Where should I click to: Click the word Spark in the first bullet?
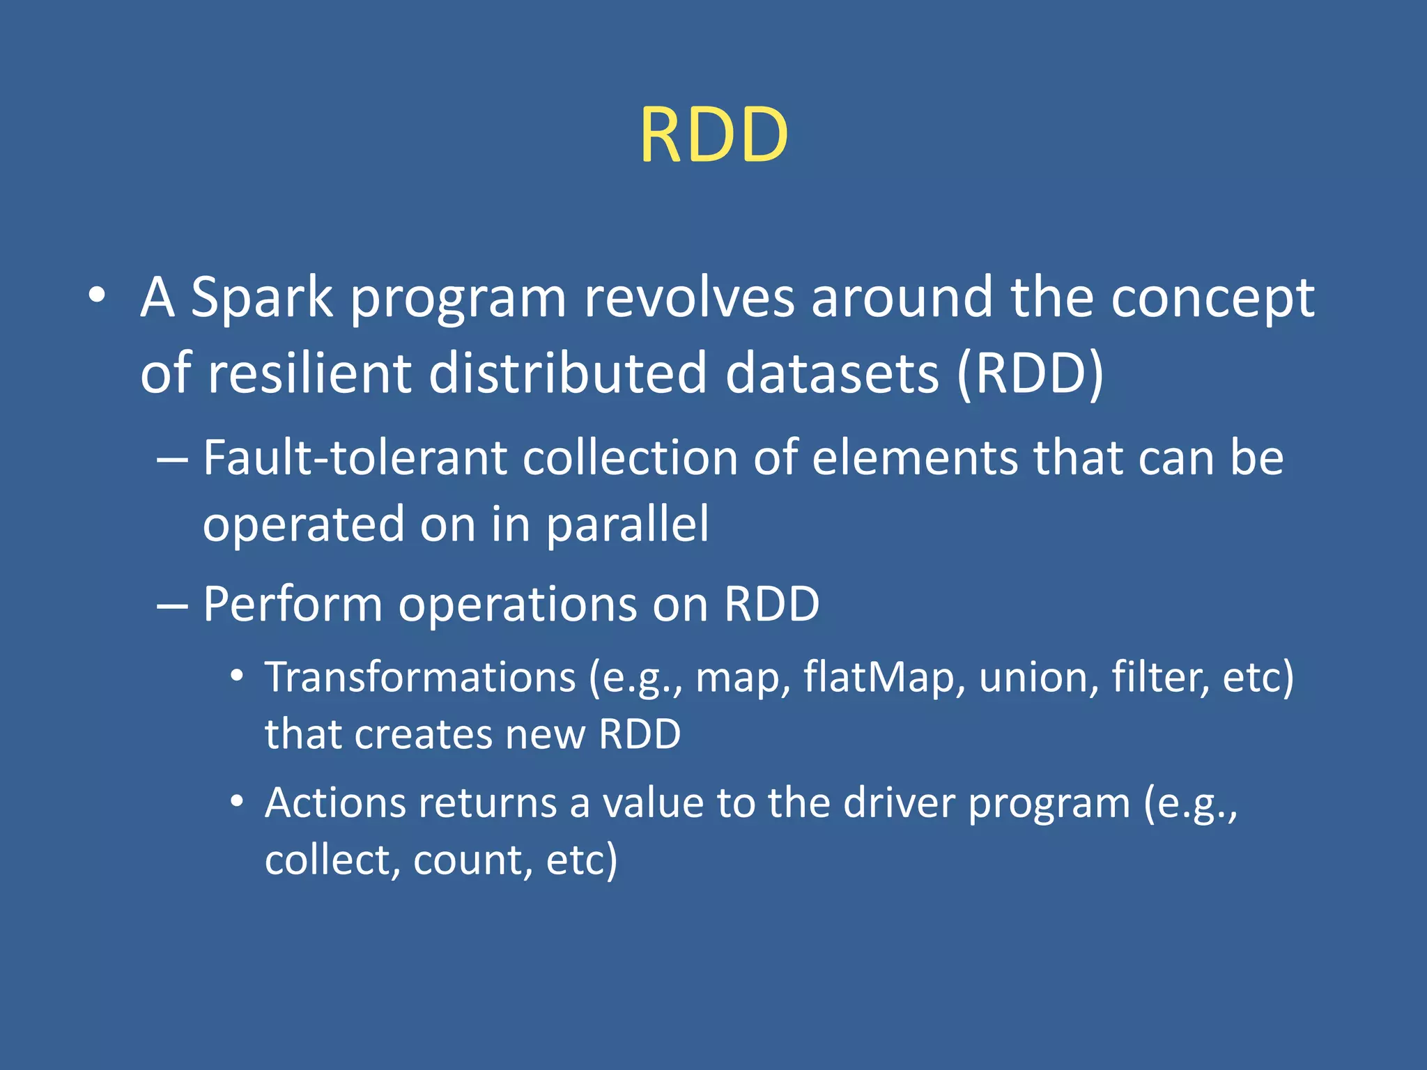[261, 298]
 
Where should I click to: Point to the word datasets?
[832, 373]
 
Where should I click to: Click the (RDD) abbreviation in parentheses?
[1031, 373]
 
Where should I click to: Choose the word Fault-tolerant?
[355, 458]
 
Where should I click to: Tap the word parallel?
[627, 525]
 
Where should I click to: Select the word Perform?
[293, 604]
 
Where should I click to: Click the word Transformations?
[420, 677]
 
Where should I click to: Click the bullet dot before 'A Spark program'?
[97, 296]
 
